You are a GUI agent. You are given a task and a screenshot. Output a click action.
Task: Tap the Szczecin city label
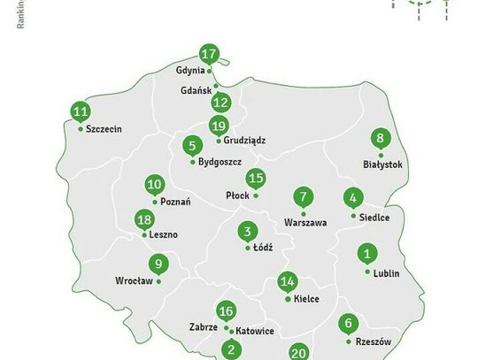tap(104, 129)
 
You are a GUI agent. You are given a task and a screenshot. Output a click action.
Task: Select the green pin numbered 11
tap(81, 112)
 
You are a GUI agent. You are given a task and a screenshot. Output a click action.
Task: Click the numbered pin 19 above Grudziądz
tap(219, 125)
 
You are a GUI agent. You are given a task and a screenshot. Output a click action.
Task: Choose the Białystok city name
tap(382, 165)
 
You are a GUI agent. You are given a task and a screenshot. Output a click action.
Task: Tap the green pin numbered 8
tap(381, 139)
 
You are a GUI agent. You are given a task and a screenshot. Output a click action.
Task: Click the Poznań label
tap(175, 202)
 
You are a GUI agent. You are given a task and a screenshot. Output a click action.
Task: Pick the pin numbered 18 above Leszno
tap(144, 220)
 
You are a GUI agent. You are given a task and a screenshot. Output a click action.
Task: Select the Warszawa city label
tap(305, 222)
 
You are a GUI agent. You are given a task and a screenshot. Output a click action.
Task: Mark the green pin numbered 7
tap(304, 197)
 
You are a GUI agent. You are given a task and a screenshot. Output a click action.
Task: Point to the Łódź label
tap(263, 249)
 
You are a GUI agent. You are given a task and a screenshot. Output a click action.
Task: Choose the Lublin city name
tap(386, 273)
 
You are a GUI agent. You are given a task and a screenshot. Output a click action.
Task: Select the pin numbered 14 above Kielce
tap(287, 283)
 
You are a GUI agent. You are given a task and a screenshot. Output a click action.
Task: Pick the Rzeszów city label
tap(372, 341)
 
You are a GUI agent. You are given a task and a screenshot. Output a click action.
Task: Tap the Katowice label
tap(255, 331)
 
